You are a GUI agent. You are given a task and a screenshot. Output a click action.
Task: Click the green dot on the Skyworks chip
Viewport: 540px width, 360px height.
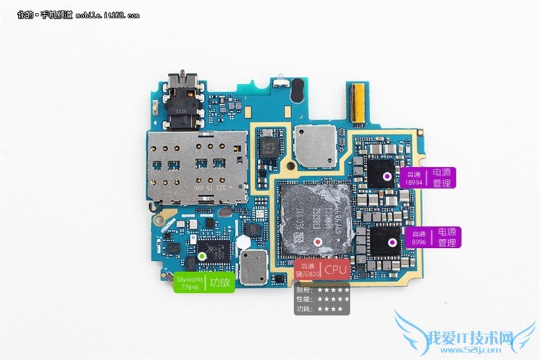[x=201, y=257]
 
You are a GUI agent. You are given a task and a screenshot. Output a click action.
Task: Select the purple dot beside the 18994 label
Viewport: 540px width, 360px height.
[x=386, y=176]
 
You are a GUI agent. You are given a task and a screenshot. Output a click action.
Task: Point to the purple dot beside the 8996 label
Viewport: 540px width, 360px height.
[x=391, y=240]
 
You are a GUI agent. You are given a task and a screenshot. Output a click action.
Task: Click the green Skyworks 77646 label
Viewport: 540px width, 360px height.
[x=188, y=283]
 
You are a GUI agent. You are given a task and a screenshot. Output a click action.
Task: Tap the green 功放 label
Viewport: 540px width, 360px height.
[x=221, y=283]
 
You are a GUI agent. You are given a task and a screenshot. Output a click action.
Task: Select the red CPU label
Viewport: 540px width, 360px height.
[x=335, y=269]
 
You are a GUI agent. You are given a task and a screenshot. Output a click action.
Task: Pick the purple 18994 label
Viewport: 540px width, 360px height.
[x=412, y=178]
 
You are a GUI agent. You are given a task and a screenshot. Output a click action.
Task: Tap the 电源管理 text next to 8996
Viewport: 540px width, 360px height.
[x=447, y=236]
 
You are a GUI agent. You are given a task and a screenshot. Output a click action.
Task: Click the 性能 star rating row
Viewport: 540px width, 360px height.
[x=323, y=299]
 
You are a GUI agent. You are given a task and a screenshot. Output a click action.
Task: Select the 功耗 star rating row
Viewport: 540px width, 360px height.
[x=323, y=309]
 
